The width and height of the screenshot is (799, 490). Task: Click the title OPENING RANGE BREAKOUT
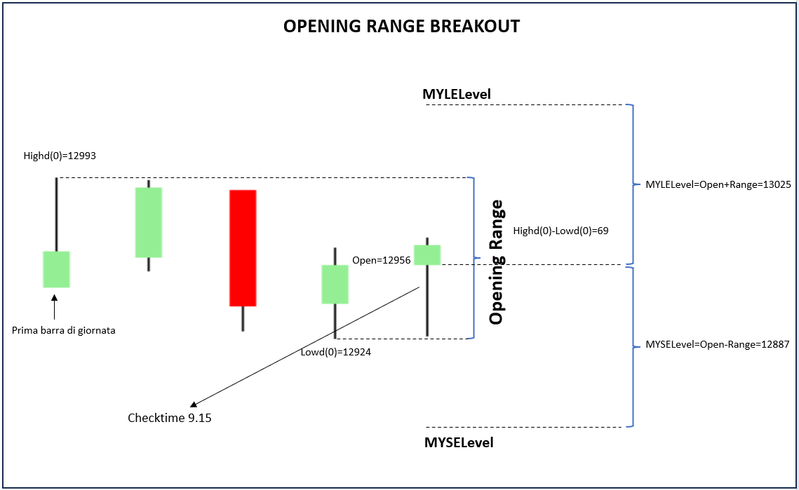[x=401, y=26]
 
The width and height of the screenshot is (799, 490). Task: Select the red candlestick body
[x=243, y=248]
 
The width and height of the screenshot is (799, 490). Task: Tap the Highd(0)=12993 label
[x=60, y=156]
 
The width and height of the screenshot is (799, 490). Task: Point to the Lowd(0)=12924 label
[x=336, y=352]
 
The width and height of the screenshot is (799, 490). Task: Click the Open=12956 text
[x=382, y=260]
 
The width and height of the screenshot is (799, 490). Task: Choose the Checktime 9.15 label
[x=170, y=418]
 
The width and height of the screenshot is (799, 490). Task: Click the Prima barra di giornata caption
[x=64, y=331]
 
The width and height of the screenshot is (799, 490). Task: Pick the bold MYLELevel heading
[x=457, y=94]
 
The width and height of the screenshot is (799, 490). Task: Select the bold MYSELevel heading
[x=459, y=442]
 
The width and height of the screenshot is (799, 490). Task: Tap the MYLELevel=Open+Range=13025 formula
[x=718, y=184]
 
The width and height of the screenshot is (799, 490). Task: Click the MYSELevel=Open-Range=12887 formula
[x=718, y=344]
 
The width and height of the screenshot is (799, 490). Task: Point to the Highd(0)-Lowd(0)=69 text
[x=561, y=231]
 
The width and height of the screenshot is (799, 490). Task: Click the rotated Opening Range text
[x=497, y=262]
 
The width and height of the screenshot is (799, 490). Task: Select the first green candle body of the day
[x=57, y=269]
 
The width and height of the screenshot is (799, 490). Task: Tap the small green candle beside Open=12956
[x=427, y=255]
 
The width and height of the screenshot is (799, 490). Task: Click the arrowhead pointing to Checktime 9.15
[x=193, y=404]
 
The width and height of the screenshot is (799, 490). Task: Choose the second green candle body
[x=148, y=223]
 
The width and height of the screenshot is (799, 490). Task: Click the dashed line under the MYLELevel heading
[x=524, y=105]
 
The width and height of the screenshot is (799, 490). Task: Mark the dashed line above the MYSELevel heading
[x=524, y=428]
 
